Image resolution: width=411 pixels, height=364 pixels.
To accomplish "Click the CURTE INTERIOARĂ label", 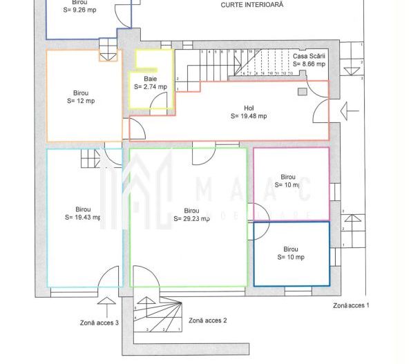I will (251, 4).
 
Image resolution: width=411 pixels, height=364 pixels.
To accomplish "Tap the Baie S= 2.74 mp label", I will (150, 83).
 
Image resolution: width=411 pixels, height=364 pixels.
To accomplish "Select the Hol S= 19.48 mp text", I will (249, 112).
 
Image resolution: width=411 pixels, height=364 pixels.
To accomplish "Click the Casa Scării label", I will (309, 59).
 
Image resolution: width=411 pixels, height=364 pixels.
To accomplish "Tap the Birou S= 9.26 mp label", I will (79, 7).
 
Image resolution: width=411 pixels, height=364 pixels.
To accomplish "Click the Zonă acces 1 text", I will (351, 305).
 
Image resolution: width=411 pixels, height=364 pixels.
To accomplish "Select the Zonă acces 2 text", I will (208, 320).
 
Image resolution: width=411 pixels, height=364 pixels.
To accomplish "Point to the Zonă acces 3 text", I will (98, 322).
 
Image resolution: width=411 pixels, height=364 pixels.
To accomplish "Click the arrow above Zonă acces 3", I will (107, 304).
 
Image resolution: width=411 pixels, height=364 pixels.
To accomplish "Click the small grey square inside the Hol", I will (302, 91).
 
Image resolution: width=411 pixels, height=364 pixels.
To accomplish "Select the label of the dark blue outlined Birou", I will (290, 253).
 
